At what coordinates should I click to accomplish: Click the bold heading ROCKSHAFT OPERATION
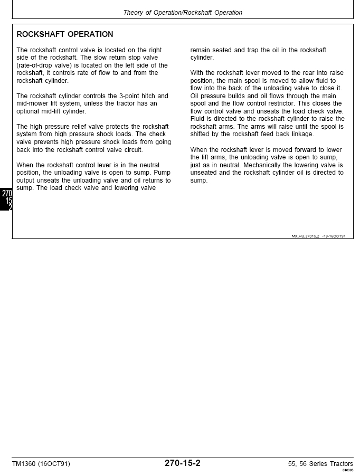65,34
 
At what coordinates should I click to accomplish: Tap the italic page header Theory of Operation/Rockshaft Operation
183,13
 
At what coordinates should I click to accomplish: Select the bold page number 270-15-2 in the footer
183,463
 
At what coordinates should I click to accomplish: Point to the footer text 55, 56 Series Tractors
320,464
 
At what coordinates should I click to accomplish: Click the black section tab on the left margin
6,200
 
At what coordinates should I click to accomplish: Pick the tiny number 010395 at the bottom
347,470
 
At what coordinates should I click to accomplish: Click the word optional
29,111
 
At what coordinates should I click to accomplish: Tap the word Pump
162,173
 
